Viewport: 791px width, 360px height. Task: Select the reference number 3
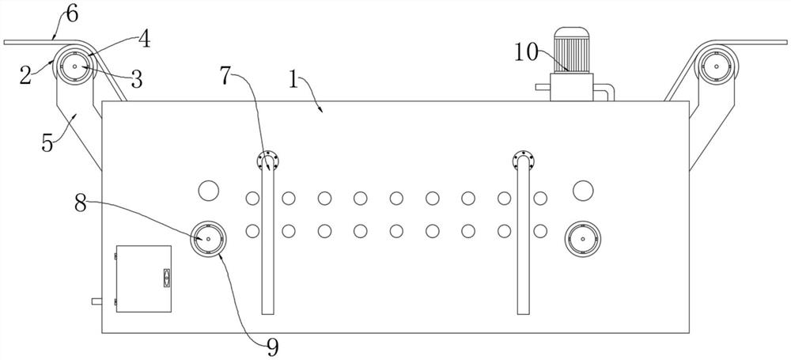tap(136, 78)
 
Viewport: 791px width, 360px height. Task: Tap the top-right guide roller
tap(715, 68)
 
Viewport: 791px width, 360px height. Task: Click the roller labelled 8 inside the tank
tap(208, 237)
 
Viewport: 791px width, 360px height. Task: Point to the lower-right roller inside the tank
tap(583, 237)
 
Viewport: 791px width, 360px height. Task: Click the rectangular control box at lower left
tap(143, 278)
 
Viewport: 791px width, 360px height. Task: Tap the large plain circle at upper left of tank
tap(208, 190)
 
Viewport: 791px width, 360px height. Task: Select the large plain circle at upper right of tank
tap(583, 190)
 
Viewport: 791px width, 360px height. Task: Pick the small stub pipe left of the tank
tap(97, 301)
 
